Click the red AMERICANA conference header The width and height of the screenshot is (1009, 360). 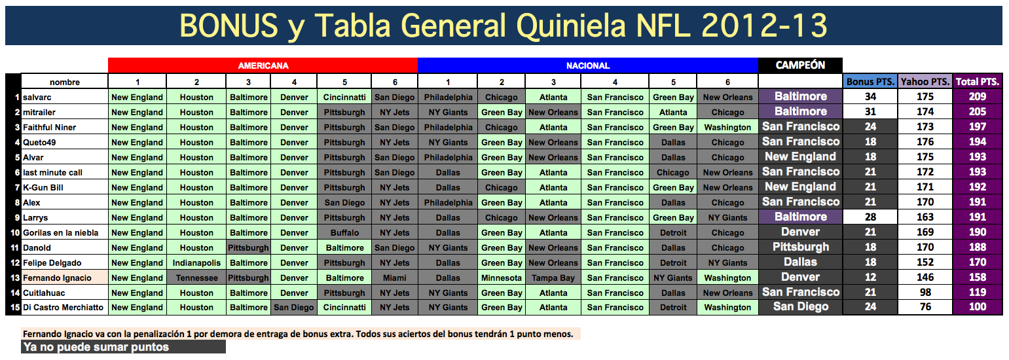tap(263, 65)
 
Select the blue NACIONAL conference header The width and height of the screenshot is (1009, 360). tap(587, 65)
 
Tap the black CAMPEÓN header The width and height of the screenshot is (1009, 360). tap(800, 65)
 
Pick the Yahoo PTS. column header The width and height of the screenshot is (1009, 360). tap(925, 82)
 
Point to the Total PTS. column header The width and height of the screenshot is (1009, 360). tap(978, 82)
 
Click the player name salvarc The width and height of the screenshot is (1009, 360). tap(37, 97)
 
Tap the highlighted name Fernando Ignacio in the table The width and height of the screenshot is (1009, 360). tap(57, 278)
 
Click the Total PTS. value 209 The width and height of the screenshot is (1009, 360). tap(978, 97)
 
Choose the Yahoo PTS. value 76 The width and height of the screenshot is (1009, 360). tap(925, 307)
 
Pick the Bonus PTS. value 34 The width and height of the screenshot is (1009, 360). tap(870, 97)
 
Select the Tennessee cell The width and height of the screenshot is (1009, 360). tap(196, 278)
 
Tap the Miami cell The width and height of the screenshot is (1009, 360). tap(394, 278)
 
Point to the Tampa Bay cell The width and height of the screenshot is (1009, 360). tap(553, 278)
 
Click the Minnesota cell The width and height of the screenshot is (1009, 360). tap(501, 278)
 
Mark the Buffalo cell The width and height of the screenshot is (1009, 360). tap(344, 232)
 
